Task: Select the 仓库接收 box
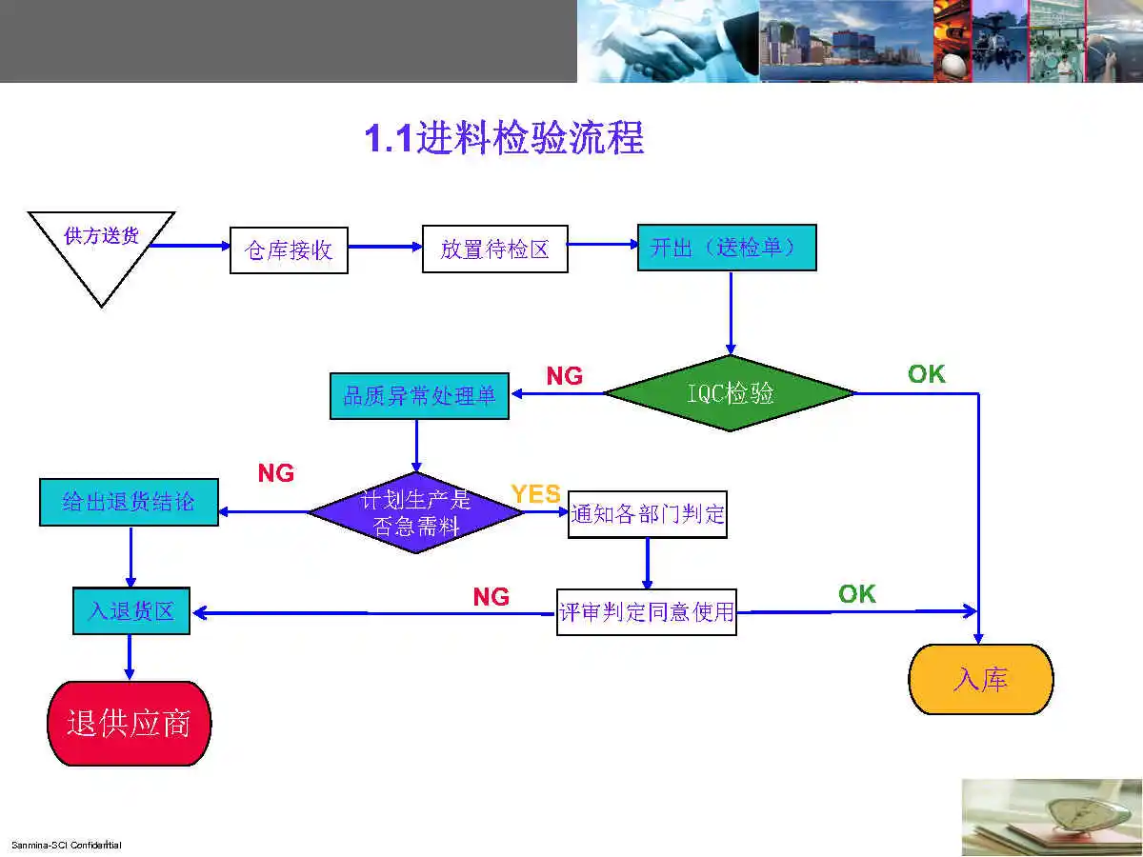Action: tap(289, 249)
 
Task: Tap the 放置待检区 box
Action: tap(494, 249)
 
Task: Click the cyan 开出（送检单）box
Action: tap(727, 248)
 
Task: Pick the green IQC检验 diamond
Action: tap(731, 392)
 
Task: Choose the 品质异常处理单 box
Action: tap(419, 396)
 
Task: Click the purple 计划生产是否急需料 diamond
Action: tap(416, 512)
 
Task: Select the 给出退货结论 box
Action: tap(129, 502)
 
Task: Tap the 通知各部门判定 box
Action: tap(648, 514)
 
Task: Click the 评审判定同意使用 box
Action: tap(647, 611)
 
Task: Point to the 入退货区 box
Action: tap(131, 610)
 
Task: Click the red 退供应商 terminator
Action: tap(129, 723)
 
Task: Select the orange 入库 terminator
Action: tap(981, 679)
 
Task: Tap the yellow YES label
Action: tap(535, 494)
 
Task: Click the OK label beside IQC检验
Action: tap(926, 374)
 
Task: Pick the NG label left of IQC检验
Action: tap(564, 376)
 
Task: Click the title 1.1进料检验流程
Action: tap(504, 139)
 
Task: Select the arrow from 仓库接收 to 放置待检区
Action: tap(385, 248)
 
